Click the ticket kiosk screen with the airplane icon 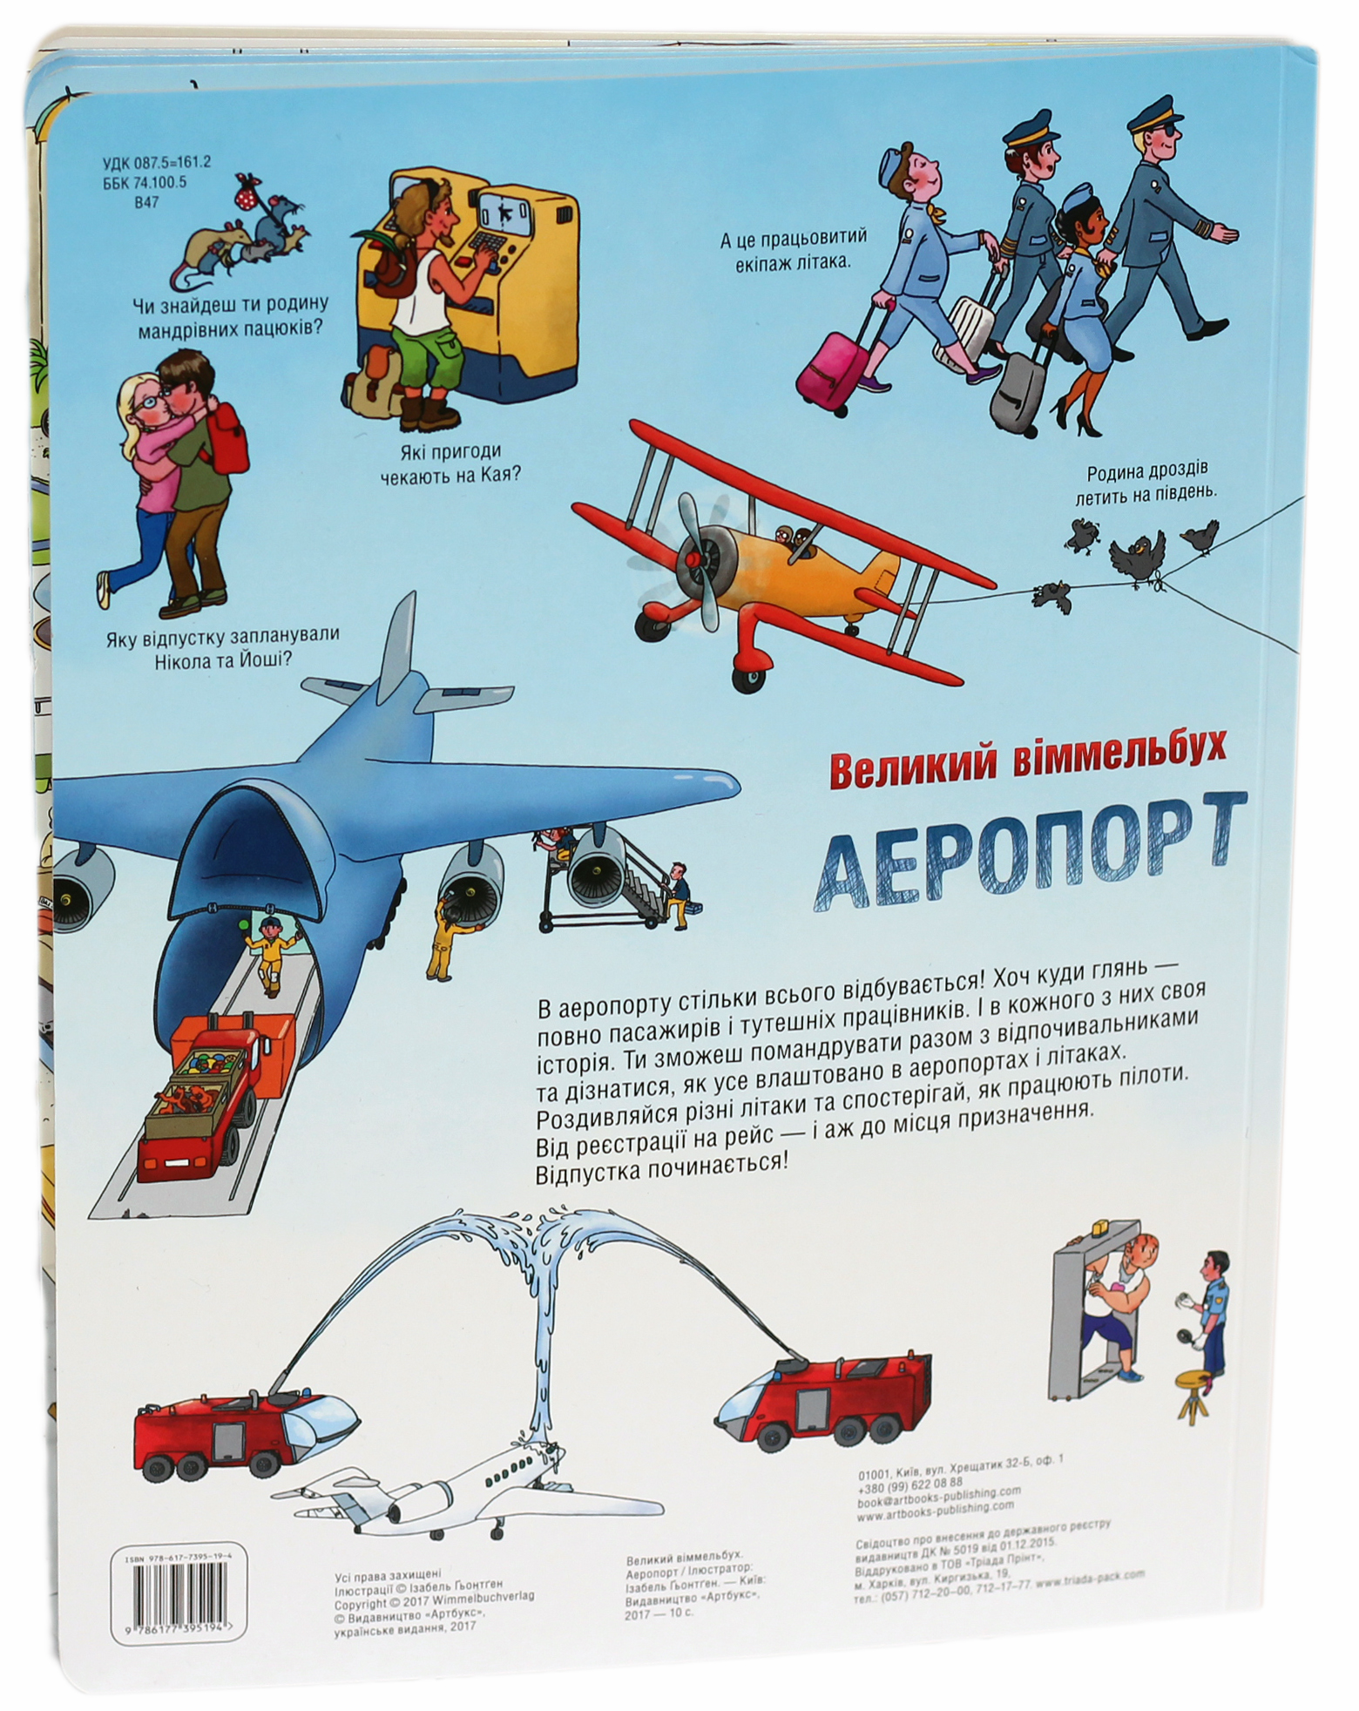click(504, 212)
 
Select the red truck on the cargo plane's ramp click(200, 1098)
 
